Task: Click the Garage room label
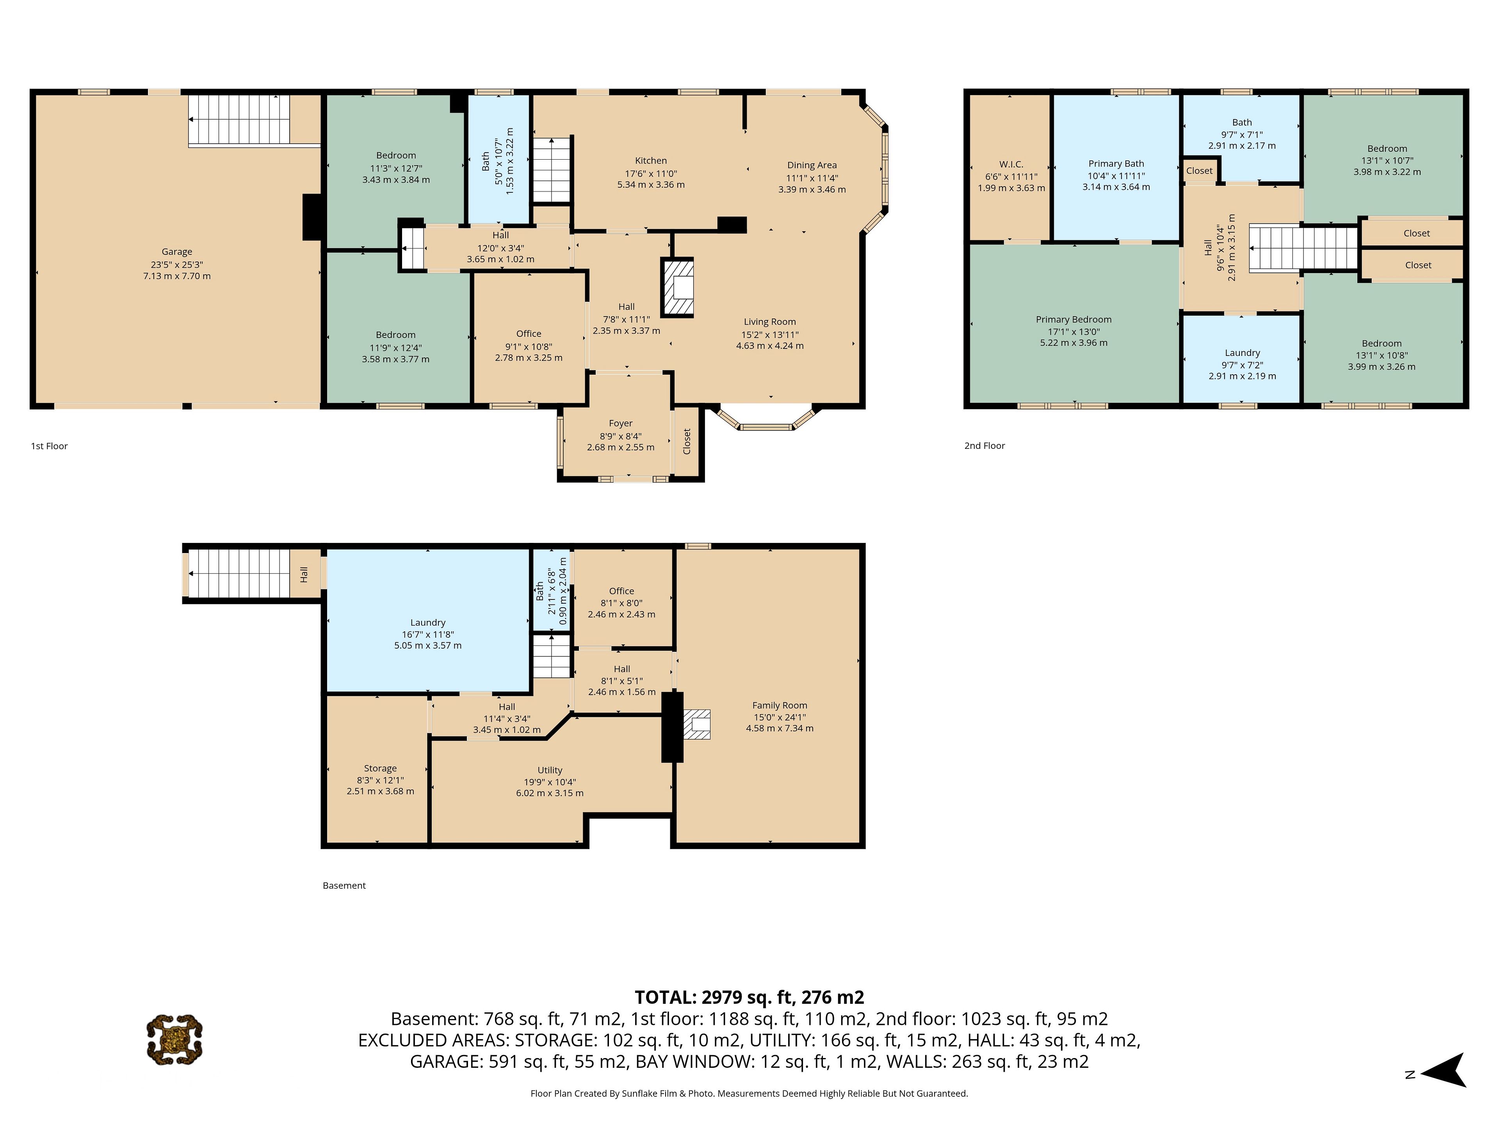[x=177, y=251]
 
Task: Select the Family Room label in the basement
[x=779, y=705]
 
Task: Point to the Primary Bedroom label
[x=1074, y=320]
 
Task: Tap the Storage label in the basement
[x=380, y=768]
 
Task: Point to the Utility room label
[x=550, y=770]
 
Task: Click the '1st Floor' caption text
[x=50, y=446]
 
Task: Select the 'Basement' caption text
[x=344, y=886]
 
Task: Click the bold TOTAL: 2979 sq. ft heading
[x=749, y=997]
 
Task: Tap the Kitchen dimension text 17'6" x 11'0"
[x=651, y=173]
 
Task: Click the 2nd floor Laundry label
[x=1242, y=353]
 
